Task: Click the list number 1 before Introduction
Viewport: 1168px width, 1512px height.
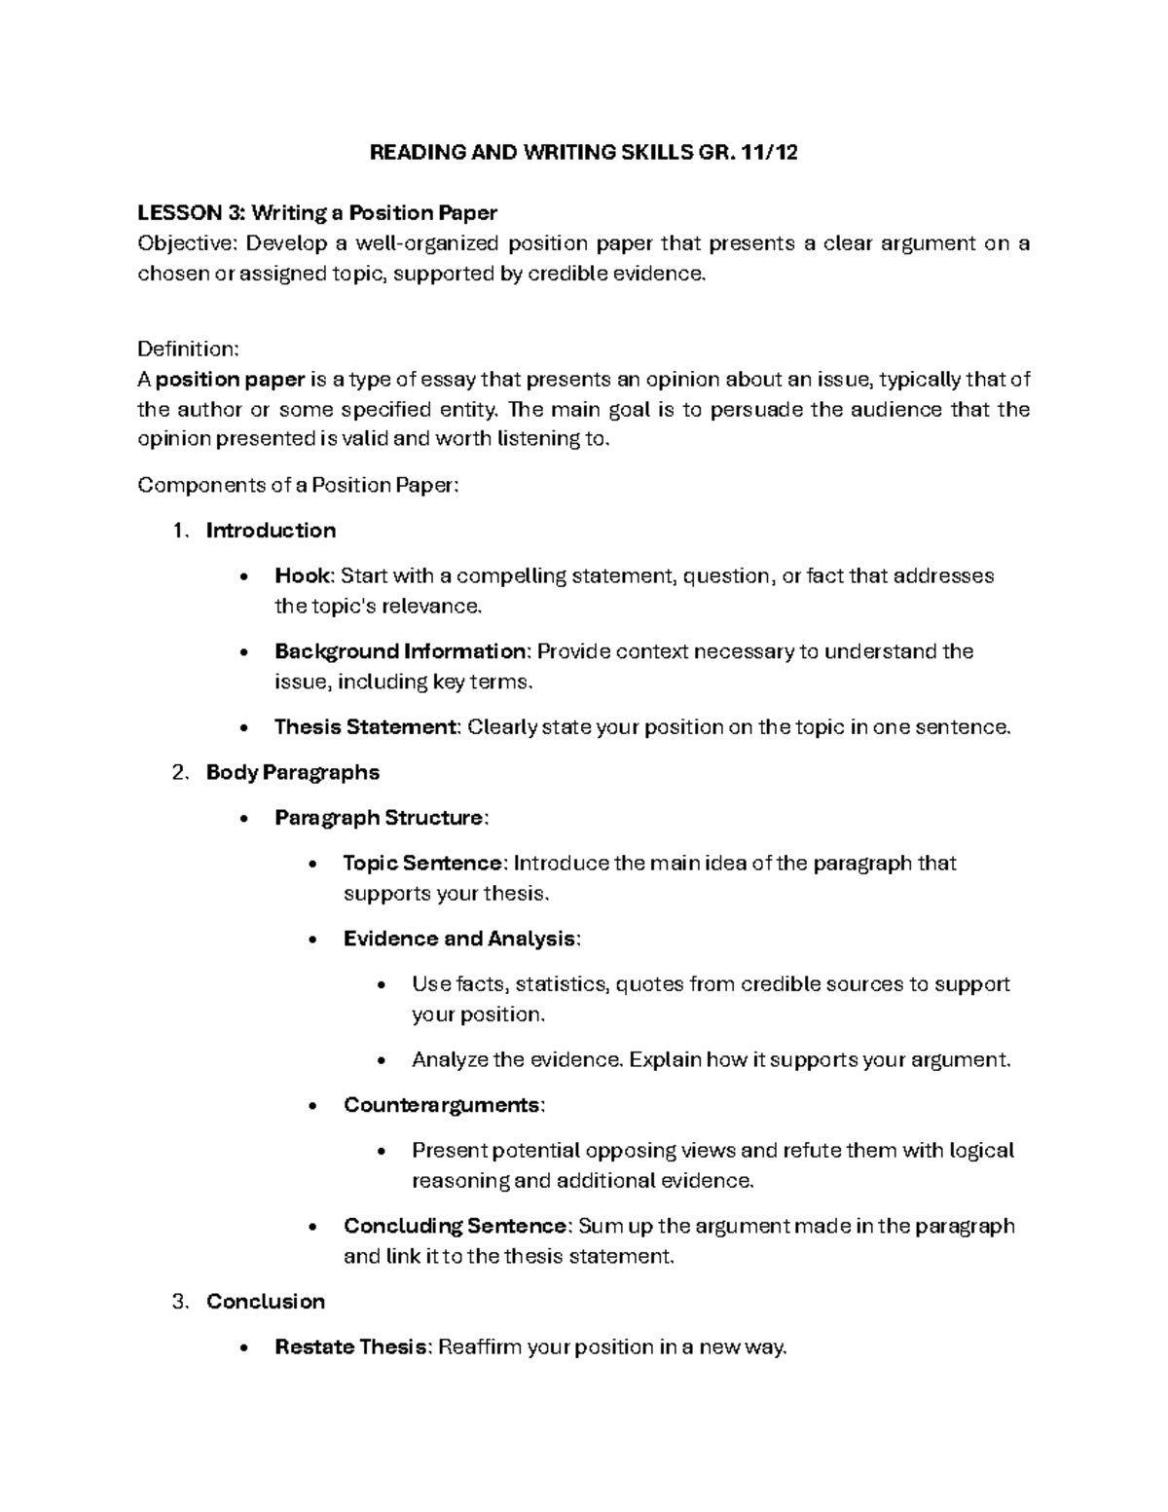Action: [x=176, y=531]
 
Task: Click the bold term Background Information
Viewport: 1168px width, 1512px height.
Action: [x=399, y=651]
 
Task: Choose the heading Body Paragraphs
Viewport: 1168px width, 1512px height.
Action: [x=292, y=773]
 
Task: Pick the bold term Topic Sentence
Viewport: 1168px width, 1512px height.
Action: [x=423, y=864]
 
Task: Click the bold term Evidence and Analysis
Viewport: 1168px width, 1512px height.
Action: [x=459, y=940]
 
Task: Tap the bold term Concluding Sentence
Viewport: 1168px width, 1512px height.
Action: [x=455, y=1227]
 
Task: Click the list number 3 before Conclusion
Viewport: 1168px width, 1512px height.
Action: [x=176, y=1303]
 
